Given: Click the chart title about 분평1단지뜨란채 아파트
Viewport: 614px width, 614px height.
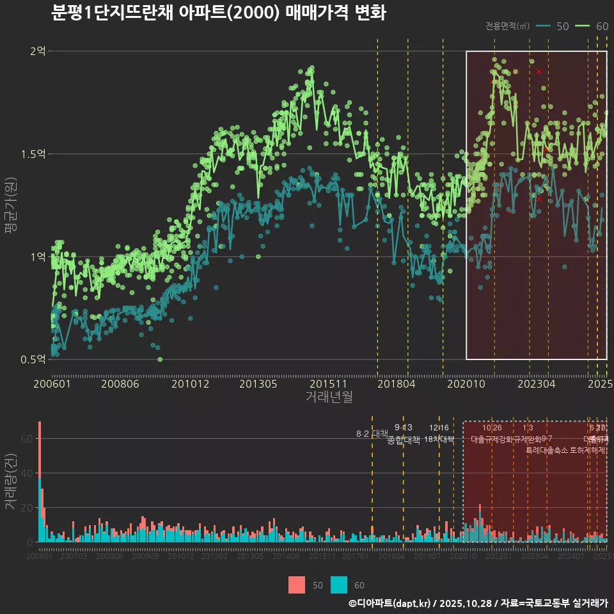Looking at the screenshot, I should pos(218,13).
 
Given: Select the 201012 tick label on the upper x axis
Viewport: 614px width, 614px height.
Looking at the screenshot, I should pos(191,384).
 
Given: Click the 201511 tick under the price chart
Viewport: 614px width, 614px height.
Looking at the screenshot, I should pos(327,384).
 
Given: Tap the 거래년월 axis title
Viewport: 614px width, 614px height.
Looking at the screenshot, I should pos(329,397).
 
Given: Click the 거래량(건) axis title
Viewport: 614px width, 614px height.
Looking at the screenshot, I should pos(10,482).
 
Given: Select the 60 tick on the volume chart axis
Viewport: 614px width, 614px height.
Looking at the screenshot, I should pos(28,439).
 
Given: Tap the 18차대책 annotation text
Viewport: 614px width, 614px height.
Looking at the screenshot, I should pos(439,439).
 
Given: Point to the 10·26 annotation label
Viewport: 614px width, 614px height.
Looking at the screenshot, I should pos(492,428).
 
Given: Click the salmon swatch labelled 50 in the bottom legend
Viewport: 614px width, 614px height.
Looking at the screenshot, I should pos(297,585).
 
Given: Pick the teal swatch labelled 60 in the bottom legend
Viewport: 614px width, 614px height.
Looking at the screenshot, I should pos(339,585).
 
